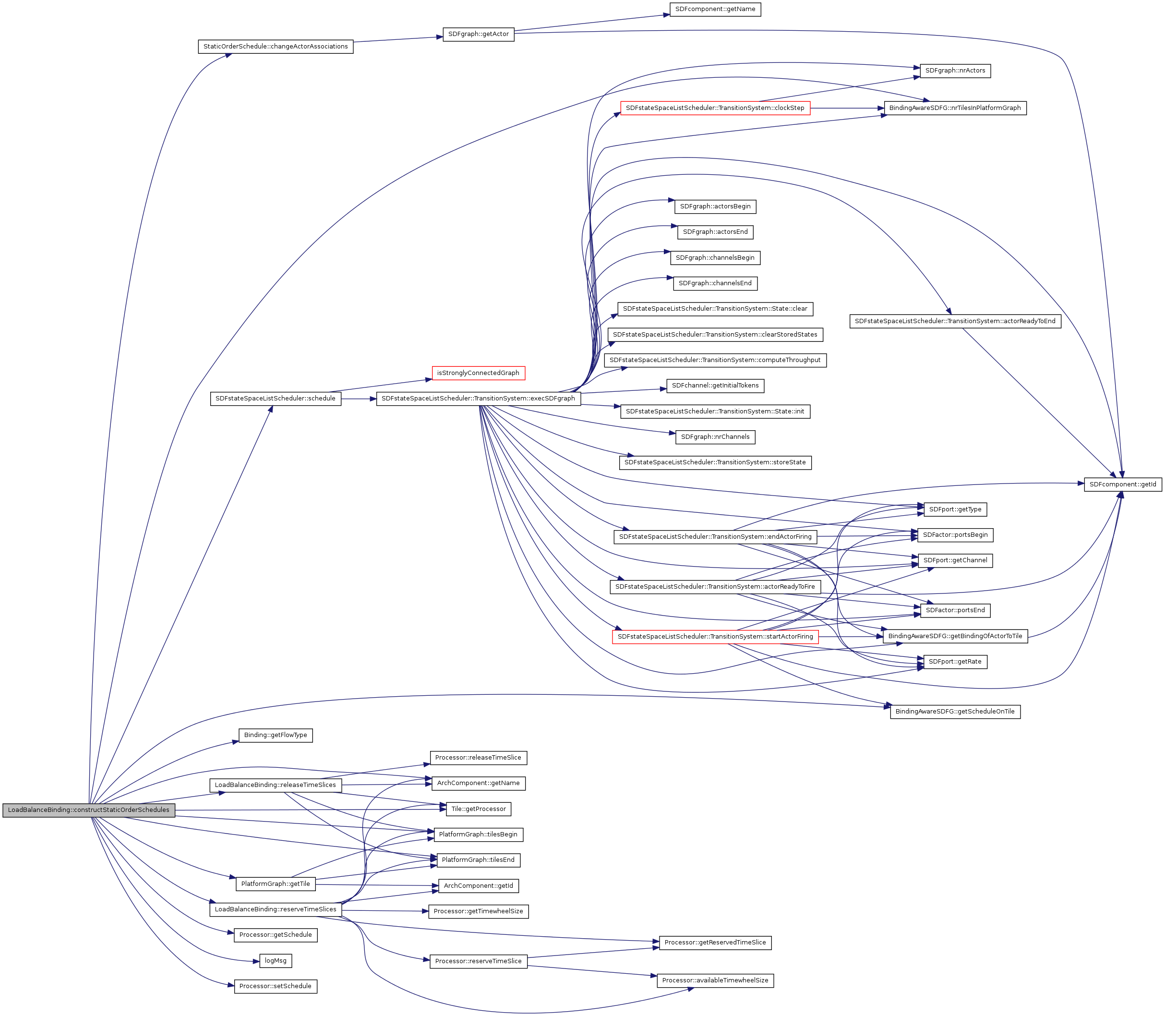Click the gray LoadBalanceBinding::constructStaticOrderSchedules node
point(88,810)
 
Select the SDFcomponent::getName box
point(715,10)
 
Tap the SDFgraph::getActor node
point(478,34)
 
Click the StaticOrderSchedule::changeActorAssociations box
point(276,47)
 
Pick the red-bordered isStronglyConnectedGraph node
point(478,373)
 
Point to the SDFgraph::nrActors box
point(955,71)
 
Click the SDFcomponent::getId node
point(1122,485)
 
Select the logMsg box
point(276,961)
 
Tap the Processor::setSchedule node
point(276,987)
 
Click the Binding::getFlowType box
point(276,736)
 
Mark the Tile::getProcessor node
point(478,809)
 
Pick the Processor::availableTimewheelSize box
point(715,981)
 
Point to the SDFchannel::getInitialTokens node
point(715,386)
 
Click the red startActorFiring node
point(715,637)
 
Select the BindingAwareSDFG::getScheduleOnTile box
point(955,712)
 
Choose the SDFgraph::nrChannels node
point(715,437)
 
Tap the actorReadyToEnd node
point(955,322)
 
